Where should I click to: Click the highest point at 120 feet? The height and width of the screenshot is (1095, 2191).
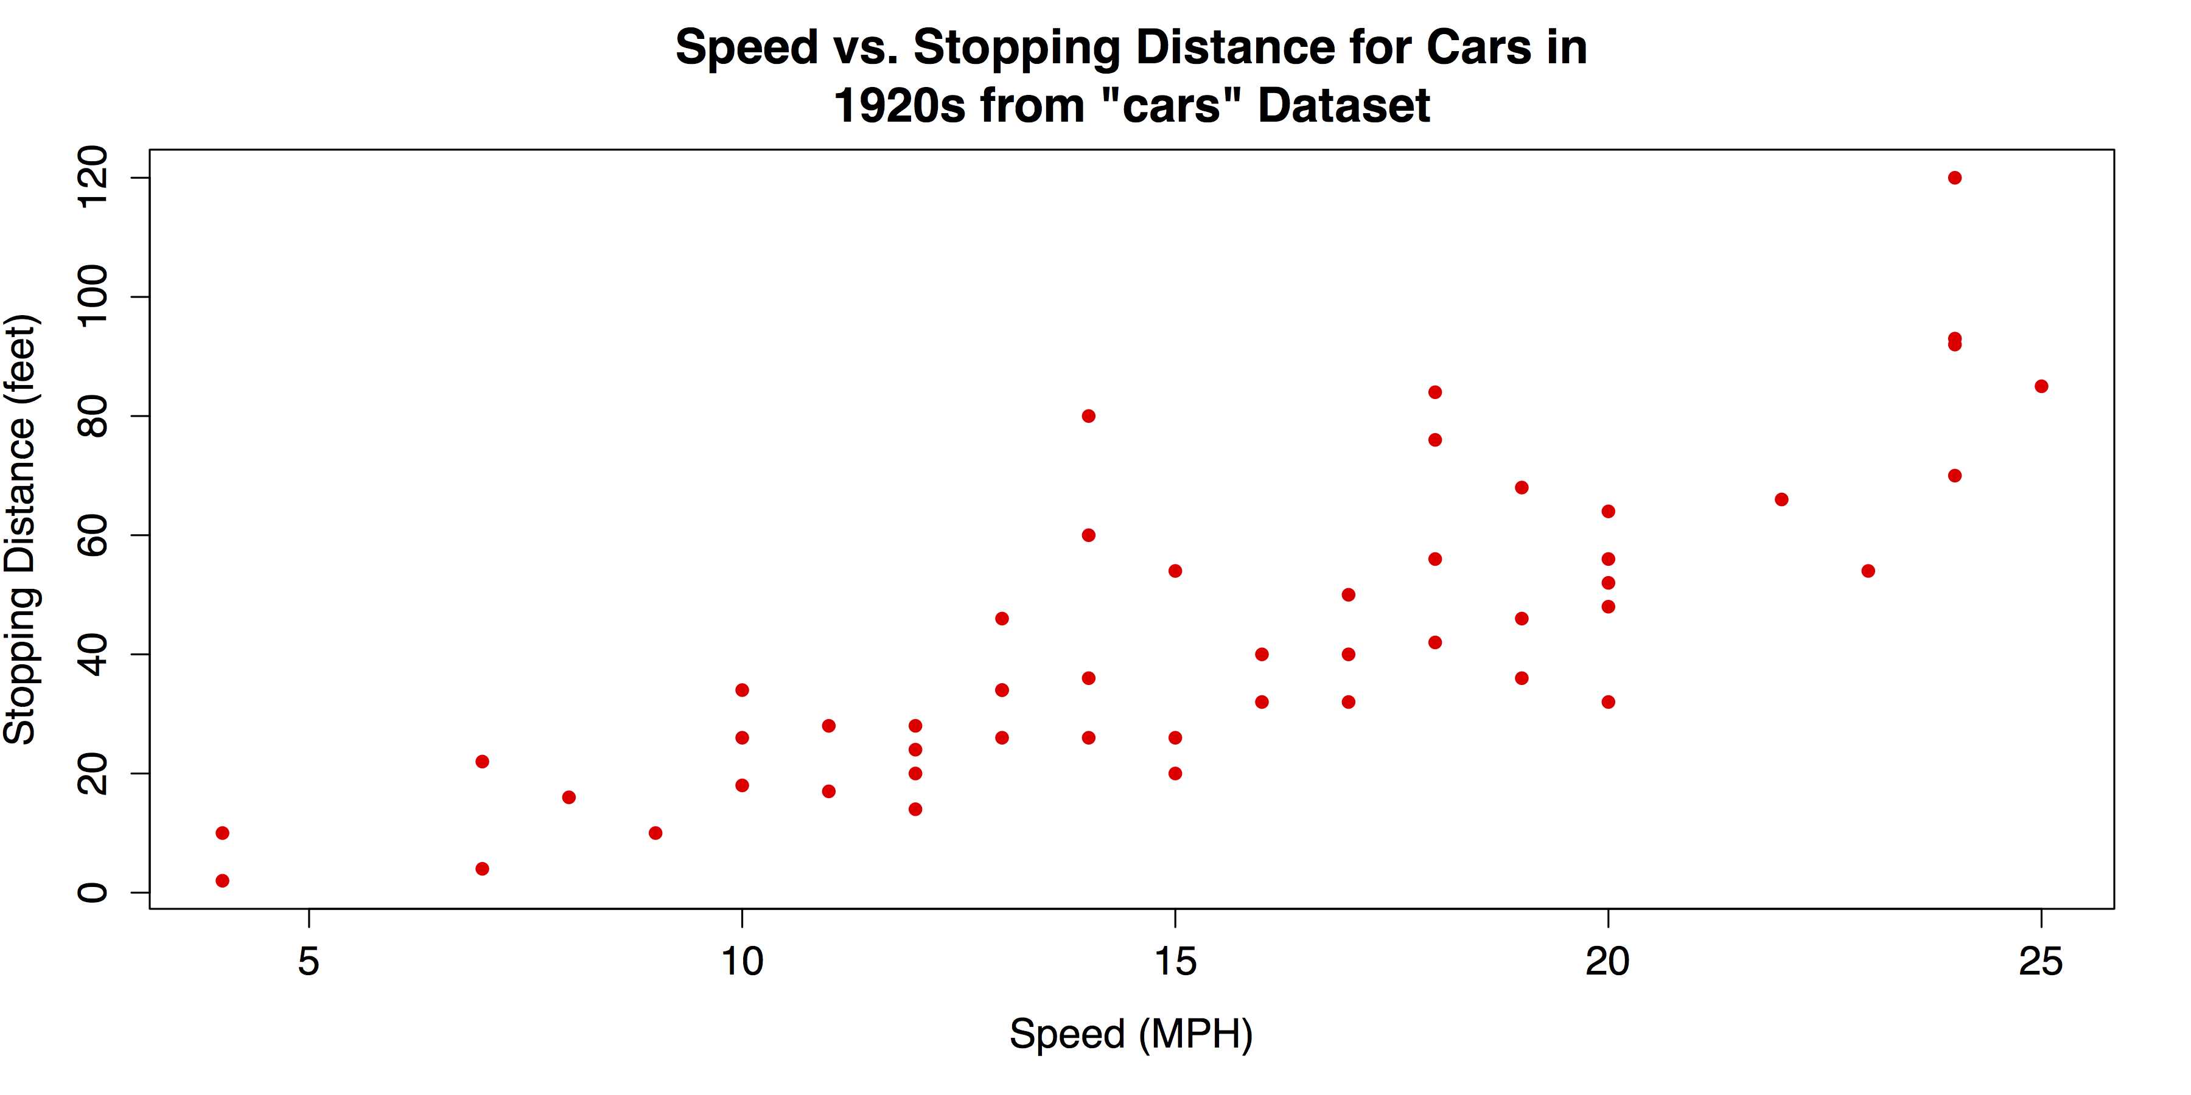pyautogui.click(x=1954, y=178)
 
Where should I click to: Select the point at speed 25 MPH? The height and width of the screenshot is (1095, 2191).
pyautogui.click(x=2041, y=386)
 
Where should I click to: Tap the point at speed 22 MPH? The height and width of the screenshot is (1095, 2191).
pyautogui.click(x=1781, y=499)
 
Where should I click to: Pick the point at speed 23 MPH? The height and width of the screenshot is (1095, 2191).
pyautogui.click(x=1868, y=571)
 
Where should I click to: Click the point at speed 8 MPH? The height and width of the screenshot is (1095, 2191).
pyautogui.click(x=569, y=796)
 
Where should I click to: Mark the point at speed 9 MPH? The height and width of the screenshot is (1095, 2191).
pyautogui.click(x=655, y=832)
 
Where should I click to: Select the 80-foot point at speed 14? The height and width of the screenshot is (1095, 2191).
pyautogui.click(x=1088, y=415)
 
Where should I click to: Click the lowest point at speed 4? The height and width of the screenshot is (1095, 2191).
pyautogui.click(x=222, y=880)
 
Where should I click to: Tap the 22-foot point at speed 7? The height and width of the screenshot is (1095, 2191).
pyautogui.click(x=482, y=761)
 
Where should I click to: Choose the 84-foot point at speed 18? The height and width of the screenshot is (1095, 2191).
pyautogui.click(x=1435, y=392)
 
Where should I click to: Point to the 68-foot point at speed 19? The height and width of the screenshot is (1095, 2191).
pyautogui.click(x=1522, y=487)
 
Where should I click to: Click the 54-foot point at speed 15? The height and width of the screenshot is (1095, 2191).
pyautogui.click(x=1175, y=571)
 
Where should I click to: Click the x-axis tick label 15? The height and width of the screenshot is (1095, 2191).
pyautogui.click(x=1175, y=962)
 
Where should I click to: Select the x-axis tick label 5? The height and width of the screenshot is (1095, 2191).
pyautogui.click(x=309, y=962)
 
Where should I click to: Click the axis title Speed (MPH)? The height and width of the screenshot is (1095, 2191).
pyautogui.click(x=1131, y=1034)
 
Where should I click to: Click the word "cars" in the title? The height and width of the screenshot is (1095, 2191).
pyautogui.click(x=1170, y=105)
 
